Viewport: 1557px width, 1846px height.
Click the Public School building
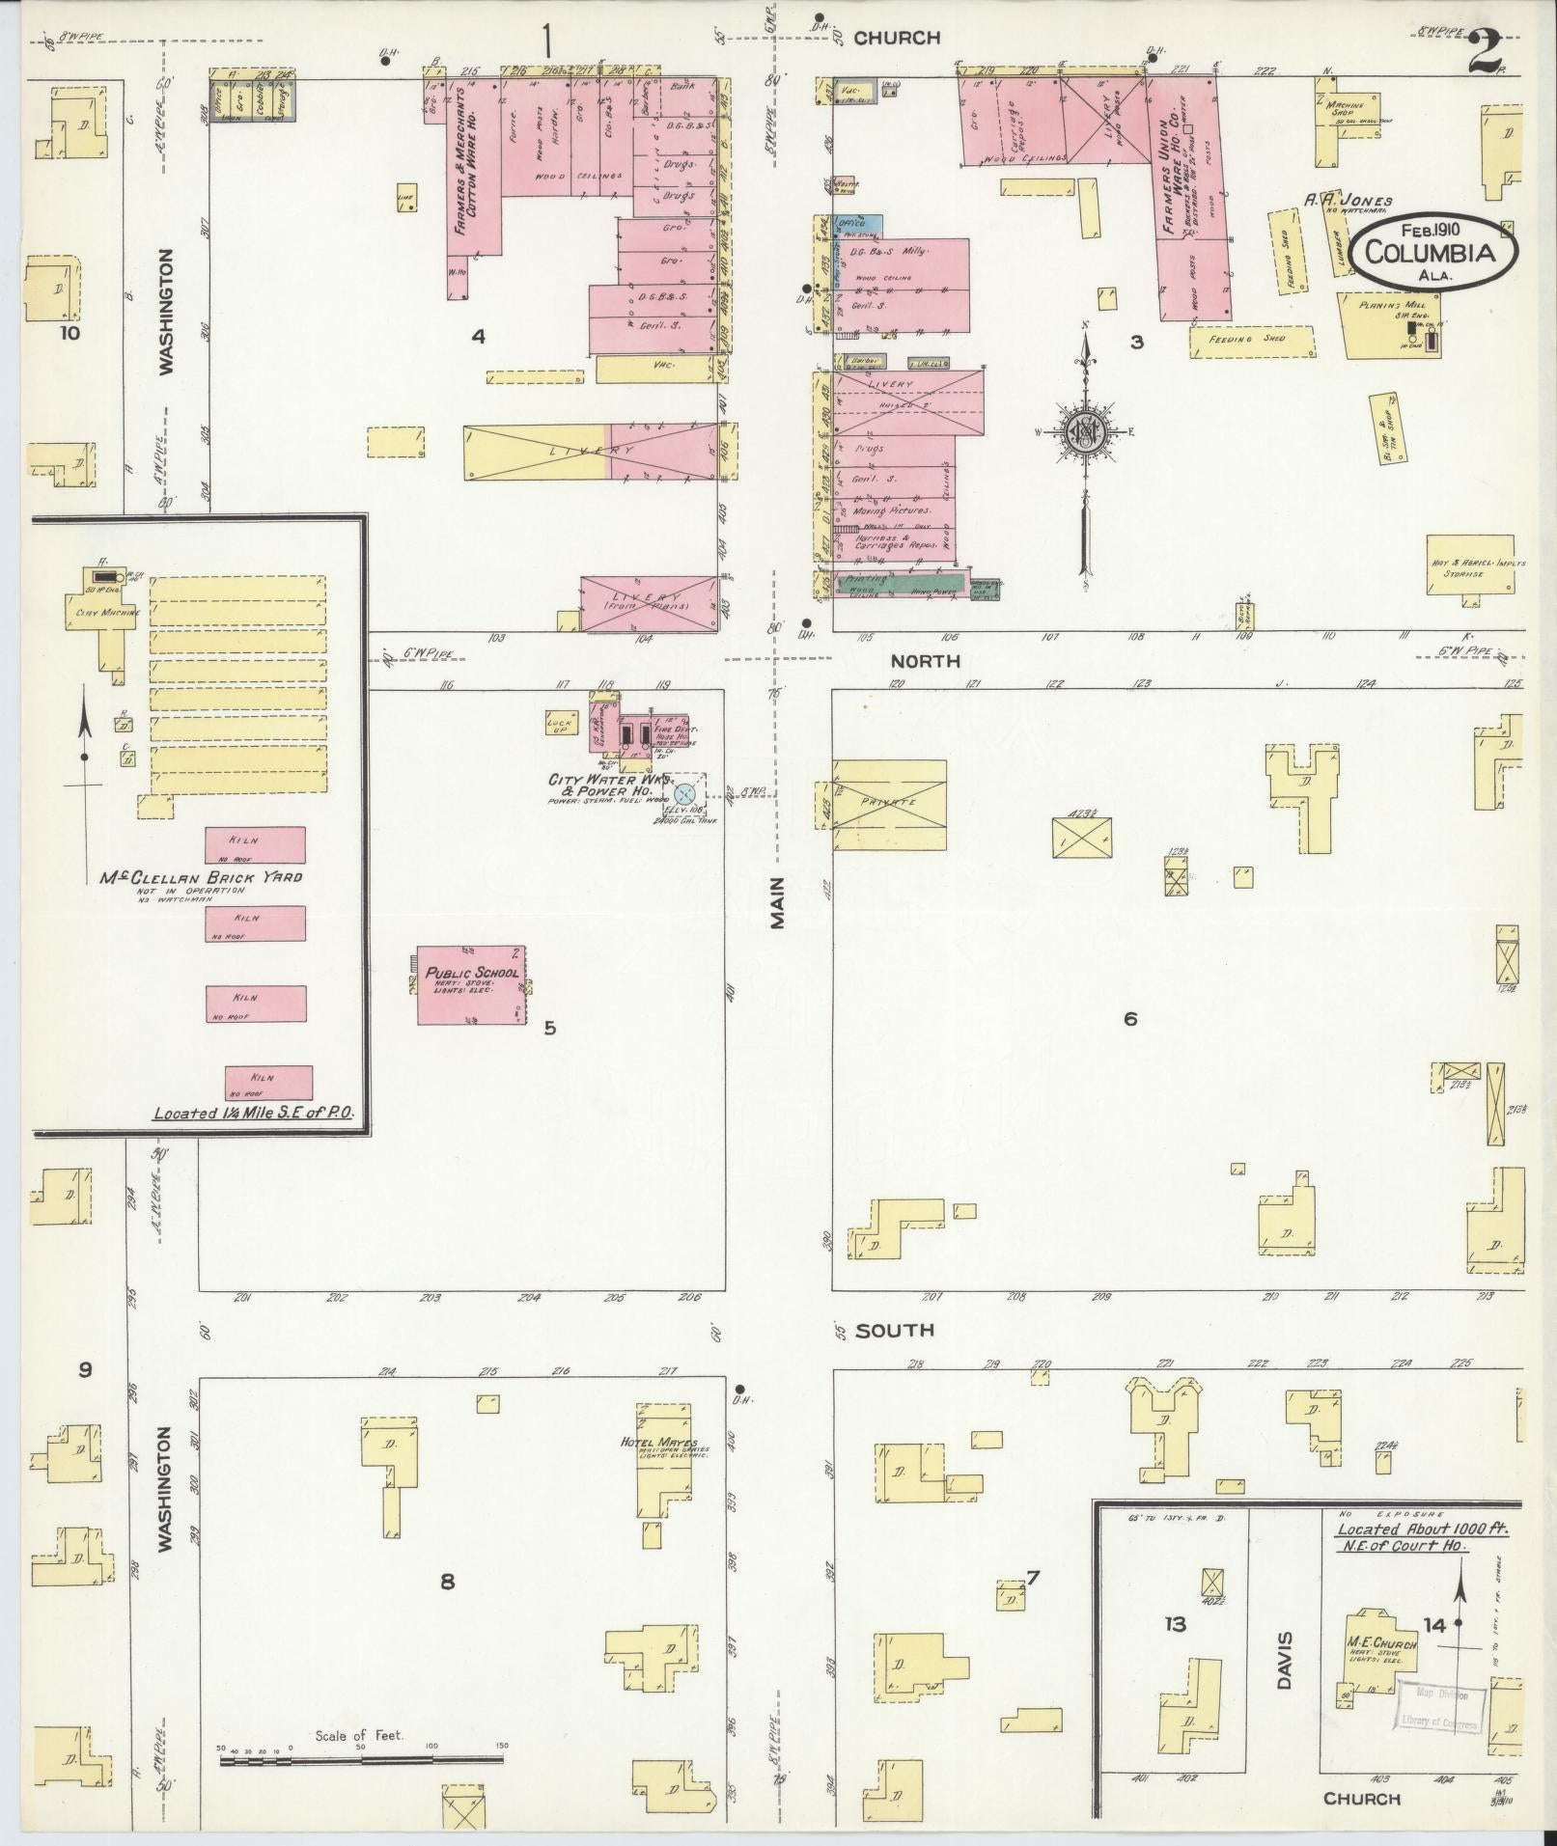click(x=471, y=984)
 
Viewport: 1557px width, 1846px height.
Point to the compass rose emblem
click(x=1085, y=431)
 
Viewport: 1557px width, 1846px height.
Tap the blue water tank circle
click(x=683, y=794)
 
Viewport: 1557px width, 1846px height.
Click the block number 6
click(x=1130, y=1018)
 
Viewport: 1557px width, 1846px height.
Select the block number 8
click(x=447, y=1582)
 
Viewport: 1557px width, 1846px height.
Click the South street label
click(x=895, y=1330)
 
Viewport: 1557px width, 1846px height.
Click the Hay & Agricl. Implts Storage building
click(x=1470, y=565)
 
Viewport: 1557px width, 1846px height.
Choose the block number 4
click(x=477, y=336)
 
